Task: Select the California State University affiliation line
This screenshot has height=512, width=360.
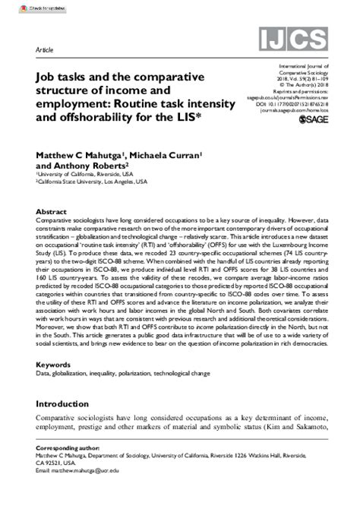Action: coord(88,182)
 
